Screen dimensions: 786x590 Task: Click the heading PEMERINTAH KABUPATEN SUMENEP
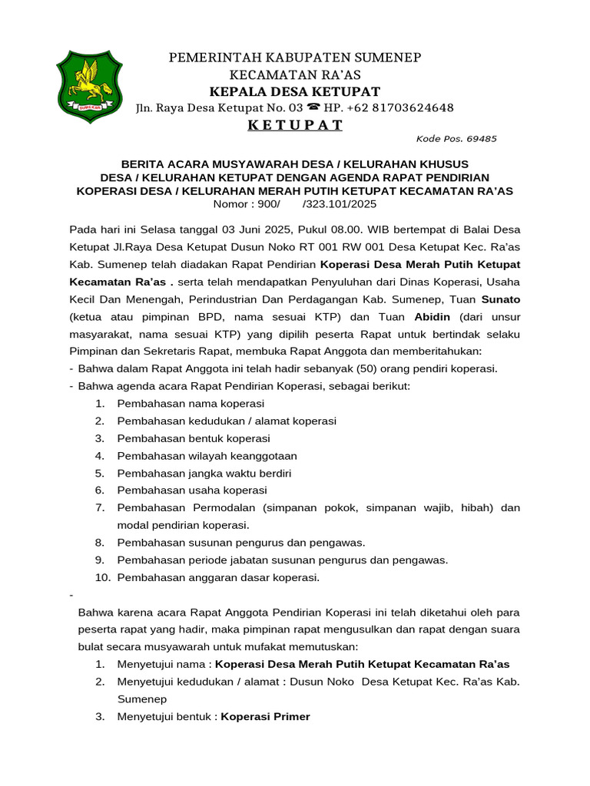[295, 58]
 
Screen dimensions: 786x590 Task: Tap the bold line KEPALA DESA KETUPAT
[295, 91]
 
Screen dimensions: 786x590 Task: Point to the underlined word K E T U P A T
[295, 126]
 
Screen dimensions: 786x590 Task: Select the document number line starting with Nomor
[295, 204]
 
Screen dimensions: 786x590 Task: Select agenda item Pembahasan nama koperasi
[191, 403]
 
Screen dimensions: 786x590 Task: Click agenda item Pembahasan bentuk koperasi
[194, 438]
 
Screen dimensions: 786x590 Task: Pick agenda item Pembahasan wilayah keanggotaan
[207, 455]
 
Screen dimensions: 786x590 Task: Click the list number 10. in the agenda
[103, 577]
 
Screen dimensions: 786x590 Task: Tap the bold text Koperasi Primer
[266, 716]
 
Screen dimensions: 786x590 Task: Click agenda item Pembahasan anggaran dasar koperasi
[218, 577]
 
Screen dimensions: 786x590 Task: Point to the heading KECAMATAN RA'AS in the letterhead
[295, 74]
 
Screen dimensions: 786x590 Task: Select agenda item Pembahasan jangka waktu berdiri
[204, 473]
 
